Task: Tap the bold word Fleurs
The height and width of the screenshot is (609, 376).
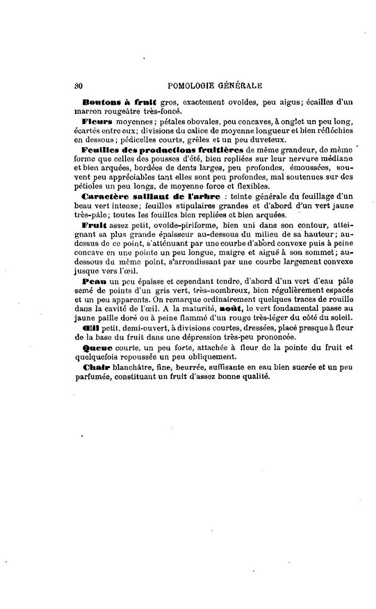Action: coord(95,122)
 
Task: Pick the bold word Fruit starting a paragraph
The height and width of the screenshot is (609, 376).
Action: coord(95,225)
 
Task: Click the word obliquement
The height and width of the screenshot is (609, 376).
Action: coord(208,357)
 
